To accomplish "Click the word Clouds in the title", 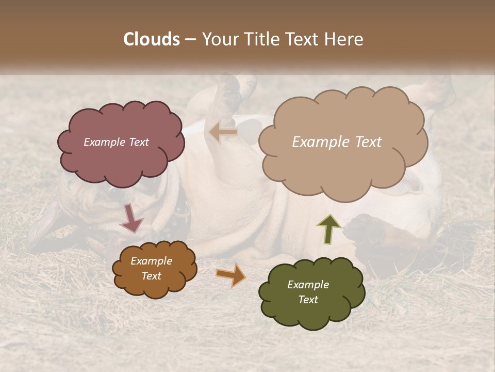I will (152, 39).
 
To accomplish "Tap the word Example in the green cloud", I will (308, 285).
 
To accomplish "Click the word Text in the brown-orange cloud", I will (152, 276).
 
